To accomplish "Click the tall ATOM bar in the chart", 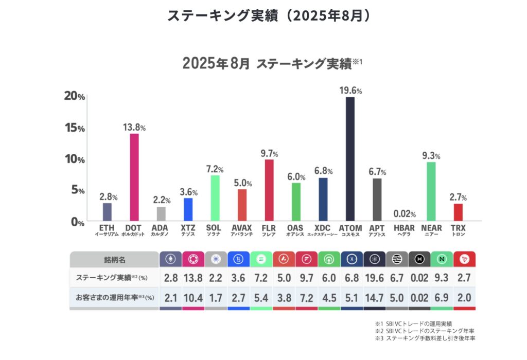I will point(350,159).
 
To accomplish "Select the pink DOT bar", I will point(134,177).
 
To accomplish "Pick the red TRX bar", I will point(458,212).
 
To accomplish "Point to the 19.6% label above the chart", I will point(350,91).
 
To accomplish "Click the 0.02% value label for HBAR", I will point(405,214).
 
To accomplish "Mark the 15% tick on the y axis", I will point(74,128).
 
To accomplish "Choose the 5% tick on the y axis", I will point(74,190).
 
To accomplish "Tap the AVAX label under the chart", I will point(242,226).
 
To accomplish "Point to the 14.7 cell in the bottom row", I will point(374,298).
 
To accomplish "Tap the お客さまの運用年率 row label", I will point(114,298).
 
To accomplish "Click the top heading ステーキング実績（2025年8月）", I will point(269,16).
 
